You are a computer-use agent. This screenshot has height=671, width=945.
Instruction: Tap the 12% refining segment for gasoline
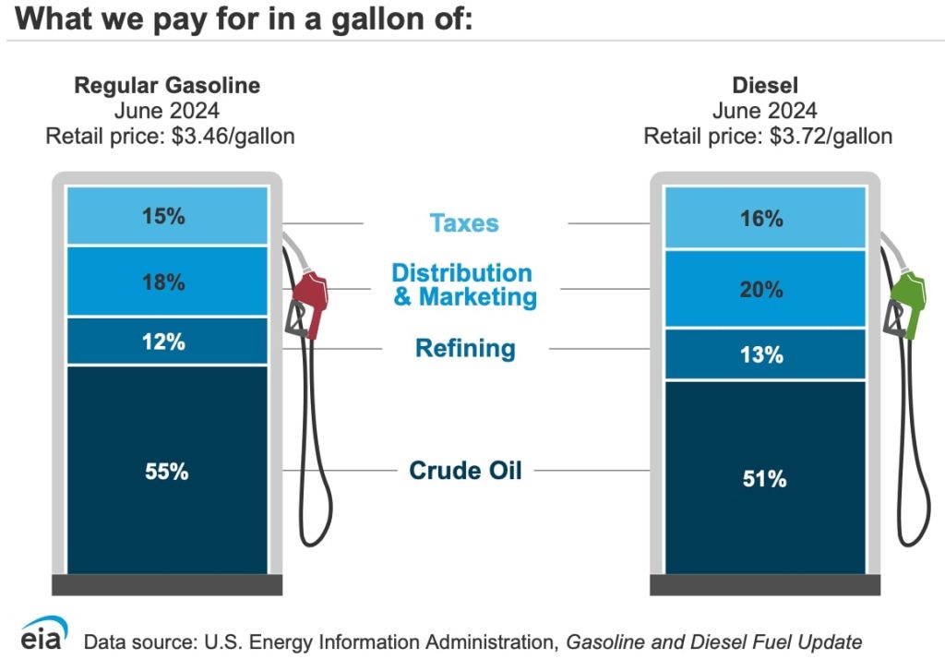click(x=167, y=341)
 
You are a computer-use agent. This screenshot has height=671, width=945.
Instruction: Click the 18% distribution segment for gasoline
click(x=167, y=282)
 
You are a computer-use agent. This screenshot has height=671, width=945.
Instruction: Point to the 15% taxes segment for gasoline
click(x=167, y=216)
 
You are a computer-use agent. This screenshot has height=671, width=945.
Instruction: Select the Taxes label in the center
click(x=464, y=223)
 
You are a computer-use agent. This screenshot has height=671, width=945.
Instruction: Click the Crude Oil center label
click(x=465, y=470)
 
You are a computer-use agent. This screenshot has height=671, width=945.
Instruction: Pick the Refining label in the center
click(x=465, y=348)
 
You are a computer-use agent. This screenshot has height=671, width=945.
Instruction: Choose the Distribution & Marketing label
click(x=463, y=284)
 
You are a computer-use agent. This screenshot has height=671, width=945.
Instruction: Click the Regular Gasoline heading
click(x=167, y=86)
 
